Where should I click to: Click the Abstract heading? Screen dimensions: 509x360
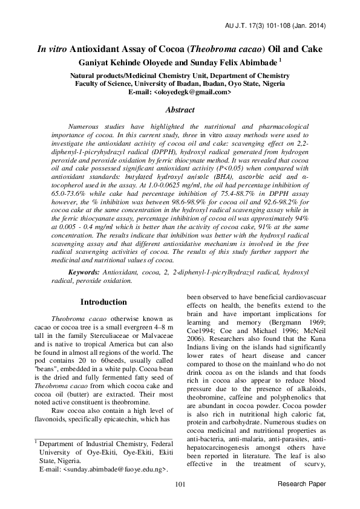click(x=180, y=110)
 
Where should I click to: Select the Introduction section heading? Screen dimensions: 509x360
click(x=104, y=302)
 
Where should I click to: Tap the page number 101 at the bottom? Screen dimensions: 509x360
click(x=180, y=484)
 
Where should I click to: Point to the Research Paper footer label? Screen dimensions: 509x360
click(x=301, y=484)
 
